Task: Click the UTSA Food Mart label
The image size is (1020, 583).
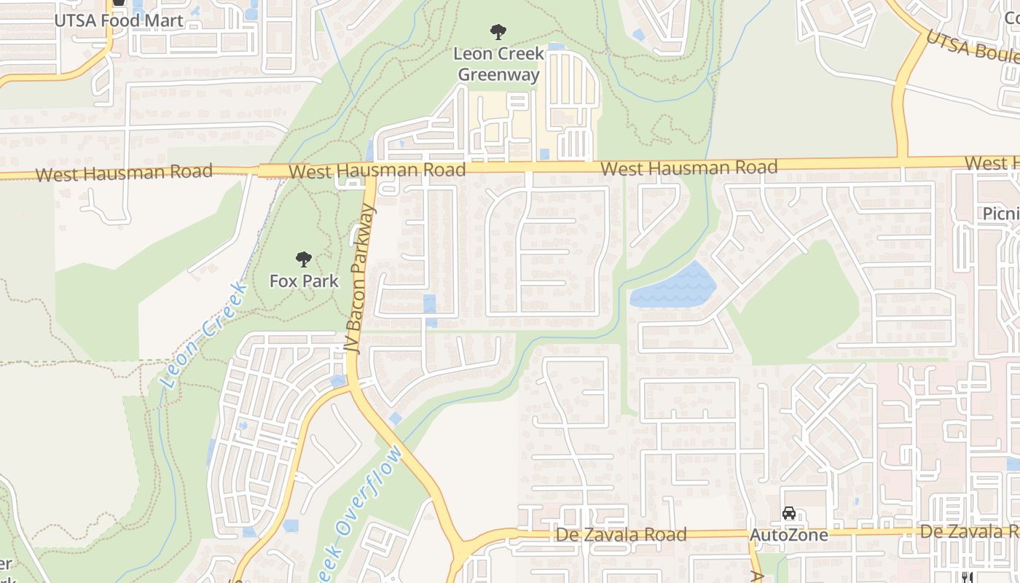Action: point(119,20)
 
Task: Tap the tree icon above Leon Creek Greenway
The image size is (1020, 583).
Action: point(498,32)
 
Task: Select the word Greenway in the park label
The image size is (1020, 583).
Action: point(498,74)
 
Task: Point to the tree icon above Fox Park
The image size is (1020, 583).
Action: point(304,259)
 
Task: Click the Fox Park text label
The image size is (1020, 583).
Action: point(304,281)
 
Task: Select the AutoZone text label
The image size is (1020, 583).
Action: point(789,535)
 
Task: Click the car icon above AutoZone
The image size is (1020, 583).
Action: point(789,513)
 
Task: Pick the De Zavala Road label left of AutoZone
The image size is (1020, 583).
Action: point(621,535)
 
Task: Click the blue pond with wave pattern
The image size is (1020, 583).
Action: point(674,287)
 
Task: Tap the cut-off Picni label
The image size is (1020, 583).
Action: point(1000,214)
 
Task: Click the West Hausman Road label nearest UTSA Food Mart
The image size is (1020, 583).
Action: point(124,173)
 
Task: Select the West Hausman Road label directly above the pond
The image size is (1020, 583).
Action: point(688,168)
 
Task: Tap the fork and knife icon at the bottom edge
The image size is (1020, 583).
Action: point(968,577)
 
